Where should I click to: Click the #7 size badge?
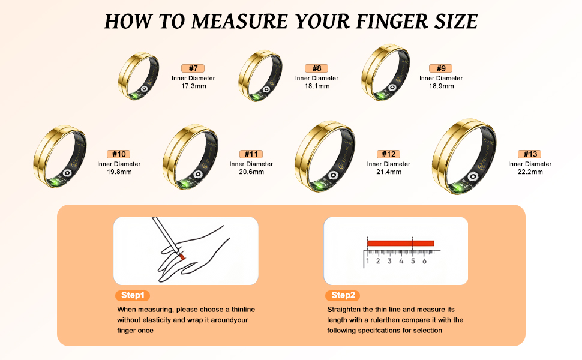tap(193, 68)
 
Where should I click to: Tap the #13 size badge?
tap(530, 154)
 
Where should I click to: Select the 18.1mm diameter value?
tap(317, 86)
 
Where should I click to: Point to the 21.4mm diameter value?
tap(389, 172)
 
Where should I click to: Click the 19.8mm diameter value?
tap(119, 172)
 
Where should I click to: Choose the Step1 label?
tap(133, 295)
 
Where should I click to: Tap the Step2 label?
tap(343, 295)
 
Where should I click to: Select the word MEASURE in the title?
tap(239, 21)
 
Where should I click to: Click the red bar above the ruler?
tap(400, 244)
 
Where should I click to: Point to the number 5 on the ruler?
tap(413, 261)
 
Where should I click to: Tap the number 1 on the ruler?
tap(367, 261)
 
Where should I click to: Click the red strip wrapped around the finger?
tap(182, 256)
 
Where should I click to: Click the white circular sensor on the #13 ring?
tap(473, 176)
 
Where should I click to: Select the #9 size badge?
tap(440, 68)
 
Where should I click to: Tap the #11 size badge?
tap(251, 154)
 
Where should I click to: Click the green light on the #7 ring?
tap(134, 96)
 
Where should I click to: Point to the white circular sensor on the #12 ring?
tap(334, 175)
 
